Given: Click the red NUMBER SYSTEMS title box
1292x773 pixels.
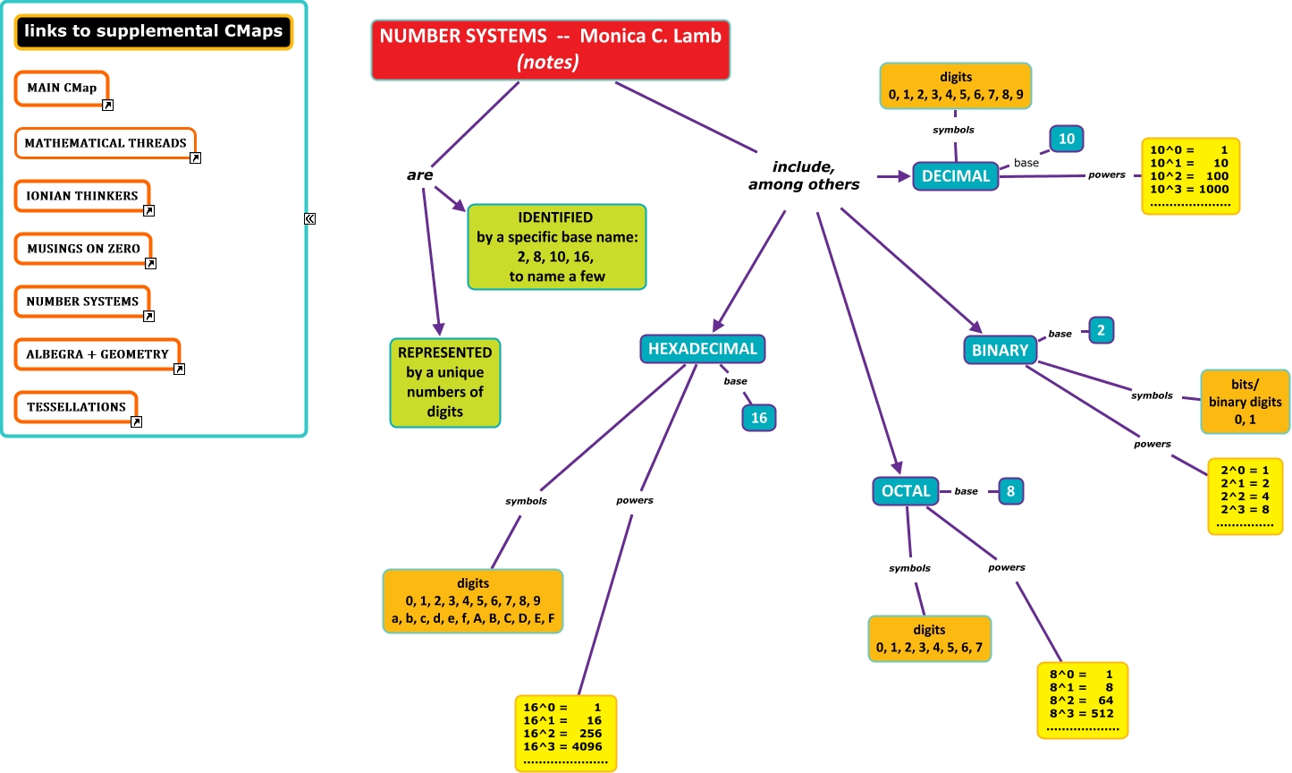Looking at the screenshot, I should pyautogui.click(x=550, y=50).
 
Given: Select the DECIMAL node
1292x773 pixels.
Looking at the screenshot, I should pyautogui.click(x=955, y=176).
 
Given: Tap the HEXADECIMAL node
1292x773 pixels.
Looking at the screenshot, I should pyautogui.click(x=702, y=349).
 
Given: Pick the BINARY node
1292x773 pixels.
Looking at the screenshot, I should pyautogui.click(x=1000, y=350).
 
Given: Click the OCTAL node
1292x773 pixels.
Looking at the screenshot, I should pyautogui.click(x=905, y=491).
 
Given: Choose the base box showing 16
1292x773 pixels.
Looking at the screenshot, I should pyautogui.click(x=758, y=418).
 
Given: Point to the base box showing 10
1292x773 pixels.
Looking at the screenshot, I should pyautogui.click(x=1066, y=139).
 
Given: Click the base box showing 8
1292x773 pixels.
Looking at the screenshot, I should pyautogui.click(x=1010, y=491).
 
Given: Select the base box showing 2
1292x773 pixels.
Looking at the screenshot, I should pyautogui.click(x=1101, y=330).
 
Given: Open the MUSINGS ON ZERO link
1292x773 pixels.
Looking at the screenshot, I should pyautogui.click(x=83, y=249).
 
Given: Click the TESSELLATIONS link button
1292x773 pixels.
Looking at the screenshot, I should pyautogui.click(x=76, y=407).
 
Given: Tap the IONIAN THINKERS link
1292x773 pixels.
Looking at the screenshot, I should pyautogui.click(x=81, y=196).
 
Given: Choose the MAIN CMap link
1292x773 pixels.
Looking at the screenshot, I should pyautogui.click(x=62, y=88).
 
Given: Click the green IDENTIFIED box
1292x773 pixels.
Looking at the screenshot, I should pyautogui.click(x=556, y=247).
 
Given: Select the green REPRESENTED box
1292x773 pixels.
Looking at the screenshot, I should pyautogui.click(x=444, y=382).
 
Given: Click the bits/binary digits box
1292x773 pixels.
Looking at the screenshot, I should pyautogui.click(x=1245, y=402).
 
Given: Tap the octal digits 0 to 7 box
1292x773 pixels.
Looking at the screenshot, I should pyautogui.click(x=929, y=639).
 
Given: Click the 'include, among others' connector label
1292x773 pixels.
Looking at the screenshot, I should pyautogui.click(x=804, y=175).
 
